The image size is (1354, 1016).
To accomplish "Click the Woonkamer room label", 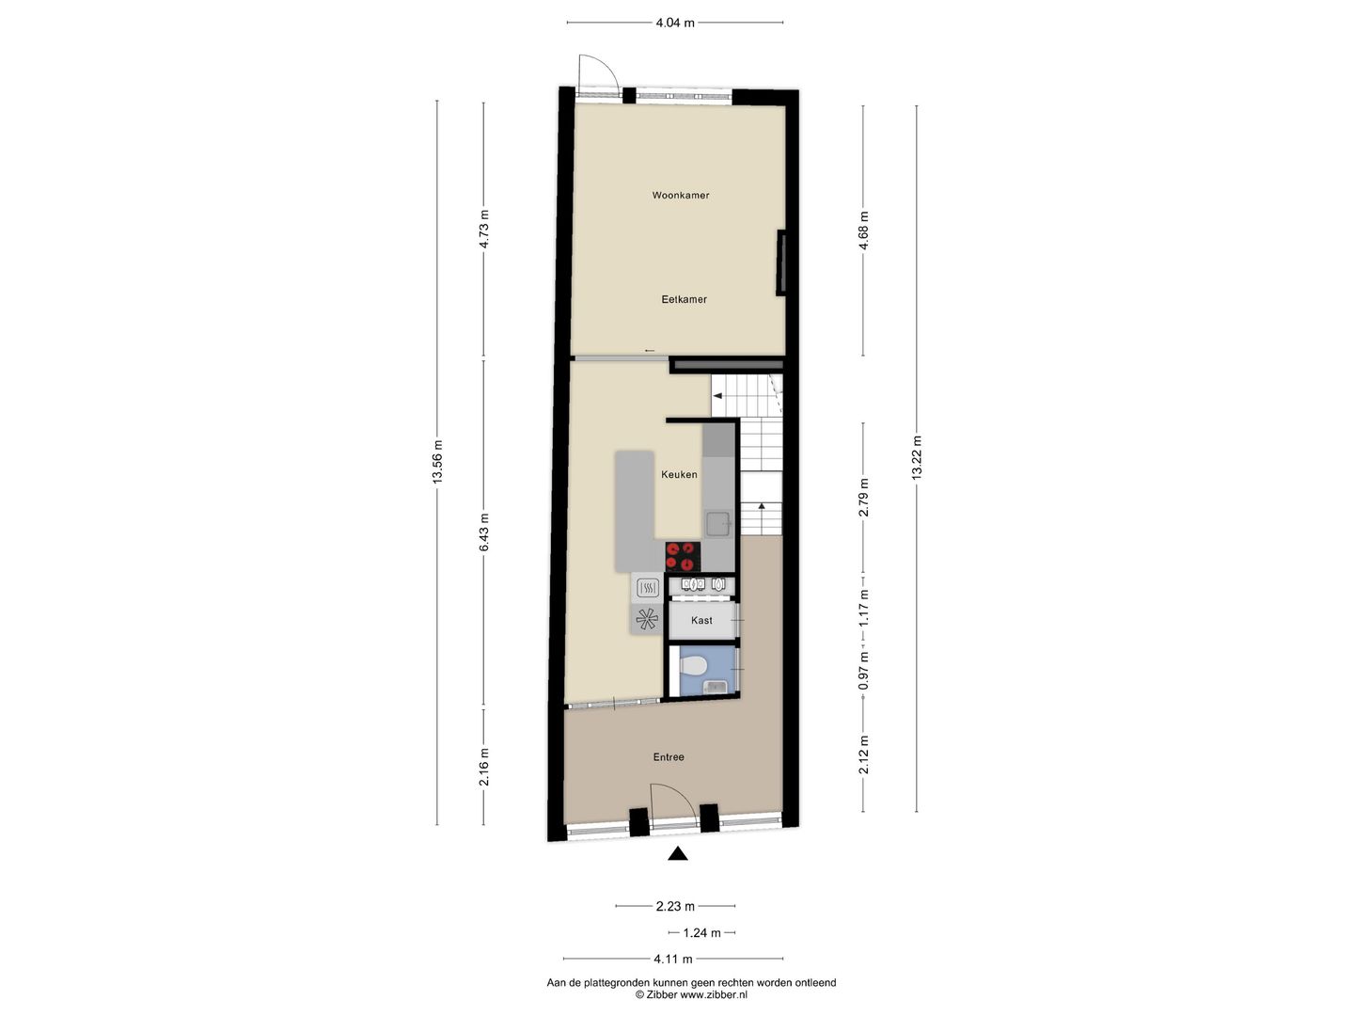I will point(681,196).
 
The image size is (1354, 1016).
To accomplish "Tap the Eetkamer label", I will point(684,299).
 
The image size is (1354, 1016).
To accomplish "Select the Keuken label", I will point(679,475).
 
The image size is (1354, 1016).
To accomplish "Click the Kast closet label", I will point(701,621).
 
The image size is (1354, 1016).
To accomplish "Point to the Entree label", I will point(669,757).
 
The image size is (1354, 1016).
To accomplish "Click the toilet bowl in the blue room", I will point(693,667).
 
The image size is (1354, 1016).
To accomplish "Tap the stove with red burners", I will point(683,556).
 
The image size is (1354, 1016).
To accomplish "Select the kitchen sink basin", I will point(719,522).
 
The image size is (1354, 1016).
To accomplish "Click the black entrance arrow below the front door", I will point(677,853).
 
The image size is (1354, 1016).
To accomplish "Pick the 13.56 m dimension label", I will point(436,462).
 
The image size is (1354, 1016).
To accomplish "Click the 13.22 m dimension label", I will point(917,458).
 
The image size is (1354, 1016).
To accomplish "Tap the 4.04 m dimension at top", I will point(675,23).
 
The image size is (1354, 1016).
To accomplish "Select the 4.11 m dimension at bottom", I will point(673,960).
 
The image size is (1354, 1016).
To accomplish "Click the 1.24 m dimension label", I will point(701,933).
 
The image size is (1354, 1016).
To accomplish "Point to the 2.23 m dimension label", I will point(675,907).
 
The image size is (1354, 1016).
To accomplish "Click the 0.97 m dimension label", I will point(864,672).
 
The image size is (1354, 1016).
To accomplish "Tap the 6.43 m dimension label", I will point(484,532).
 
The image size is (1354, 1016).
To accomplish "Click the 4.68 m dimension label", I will point(864,230).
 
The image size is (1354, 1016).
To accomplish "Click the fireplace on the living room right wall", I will point(779,263).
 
